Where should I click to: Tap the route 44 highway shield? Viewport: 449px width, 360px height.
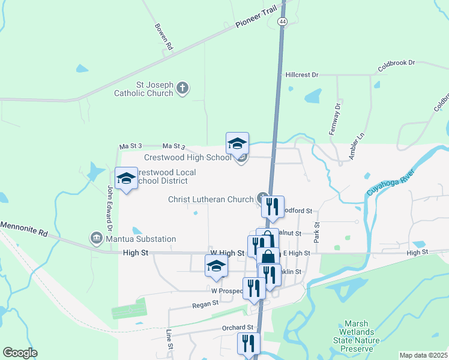click(282, 20)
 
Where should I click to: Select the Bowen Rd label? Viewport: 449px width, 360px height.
click(163, 37)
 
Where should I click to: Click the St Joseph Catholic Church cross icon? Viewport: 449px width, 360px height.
click(183, 89)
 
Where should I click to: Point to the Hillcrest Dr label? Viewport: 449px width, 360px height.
click(302, 75)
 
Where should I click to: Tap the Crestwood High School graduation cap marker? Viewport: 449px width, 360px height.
click(237, 144)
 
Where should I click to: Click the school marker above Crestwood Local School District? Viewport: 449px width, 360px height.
click(126, 178)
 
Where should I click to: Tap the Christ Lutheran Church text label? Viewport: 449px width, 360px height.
click(211, 199)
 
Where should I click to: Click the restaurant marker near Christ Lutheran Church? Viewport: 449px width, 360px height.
click(273, 207)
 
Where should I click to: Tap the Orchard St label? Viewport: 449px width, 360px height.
click(235, 328)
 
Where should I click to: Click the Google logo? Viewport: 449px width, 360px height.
click(20, 353)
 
